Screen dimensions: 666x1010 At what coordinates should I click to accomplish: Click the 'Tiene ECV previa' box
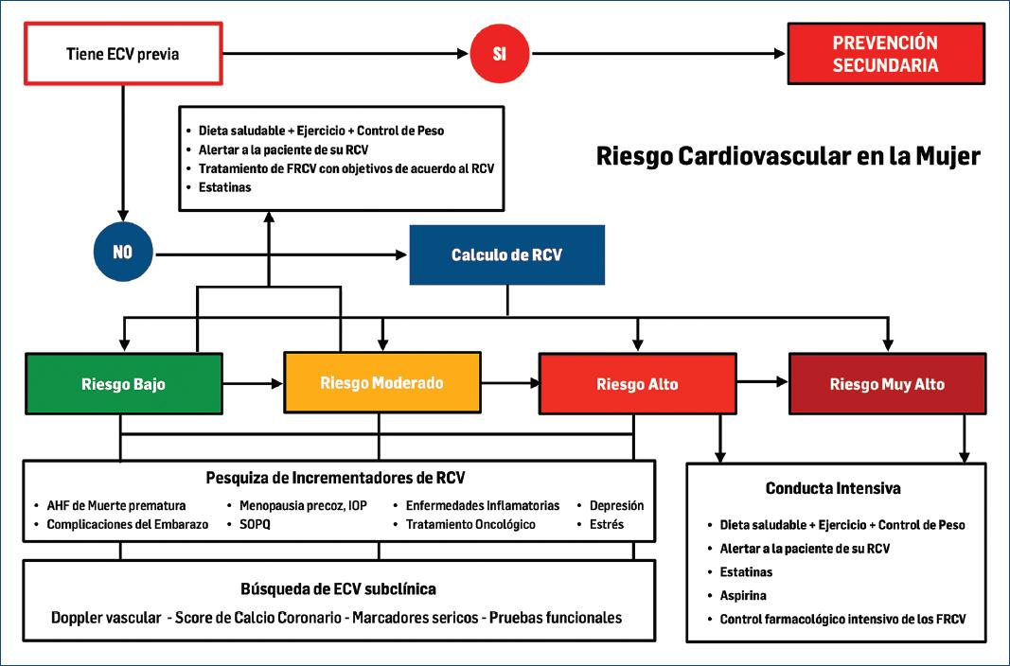(x=122, y=54)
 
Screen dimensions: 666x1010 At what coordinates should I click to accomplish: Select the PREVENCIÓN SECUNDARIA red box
(x=885, y=54)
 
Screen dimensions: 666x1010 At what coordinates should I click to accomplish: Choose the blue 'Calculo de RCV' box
(x=507, y=254)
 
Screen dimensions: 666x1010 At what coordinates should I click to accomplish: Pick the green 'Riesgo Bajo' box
(x=124, y=384)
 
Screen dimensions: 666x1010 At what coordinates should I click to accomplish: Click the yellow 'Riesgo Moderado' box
(x=382, y=382)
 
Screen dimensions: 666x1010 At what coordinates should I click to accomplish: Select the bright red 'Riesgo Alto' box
(x=637, y=384)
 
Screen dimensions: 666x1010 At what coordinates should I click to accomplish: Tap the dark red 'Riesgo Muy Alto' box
(x=887, y=383)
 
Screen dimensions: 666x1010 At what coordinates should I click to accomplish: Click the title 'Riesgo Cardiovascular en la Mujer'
(x=789, y=156)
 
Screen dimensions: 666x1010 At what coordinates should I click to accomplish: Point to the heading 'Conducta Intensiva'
(x=832, y=489)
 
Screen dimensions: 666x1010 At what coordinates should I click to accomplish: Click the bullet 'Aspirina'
(x=743, y=596)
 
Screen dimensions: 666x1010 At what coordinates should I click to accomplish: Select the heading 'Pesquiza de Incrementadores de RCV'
(x=336, y=477)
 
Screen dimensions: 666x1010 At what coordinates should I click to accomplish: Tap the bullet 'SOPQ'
(x=254, y=524)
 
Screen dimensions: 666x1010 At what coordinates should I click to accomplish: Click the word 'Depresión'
(x=616, y=505)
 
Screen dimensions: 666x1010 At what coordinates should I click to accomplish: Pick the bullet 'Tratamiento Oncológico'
(x=470, y=524)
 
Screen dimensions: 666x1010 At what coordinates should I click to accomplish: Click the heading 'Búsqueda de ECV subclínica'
(x=338, y=588)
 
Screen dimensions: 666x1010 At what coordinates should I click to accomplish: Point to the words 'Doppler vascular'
(x=106, y=618)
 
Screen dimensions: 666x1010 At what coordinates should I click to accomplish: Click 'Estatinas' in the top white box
(x=225, y=187)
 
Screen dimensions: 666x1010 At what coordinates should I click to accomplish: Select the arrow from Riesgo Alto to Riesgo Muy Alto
(x=763, y=381)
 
